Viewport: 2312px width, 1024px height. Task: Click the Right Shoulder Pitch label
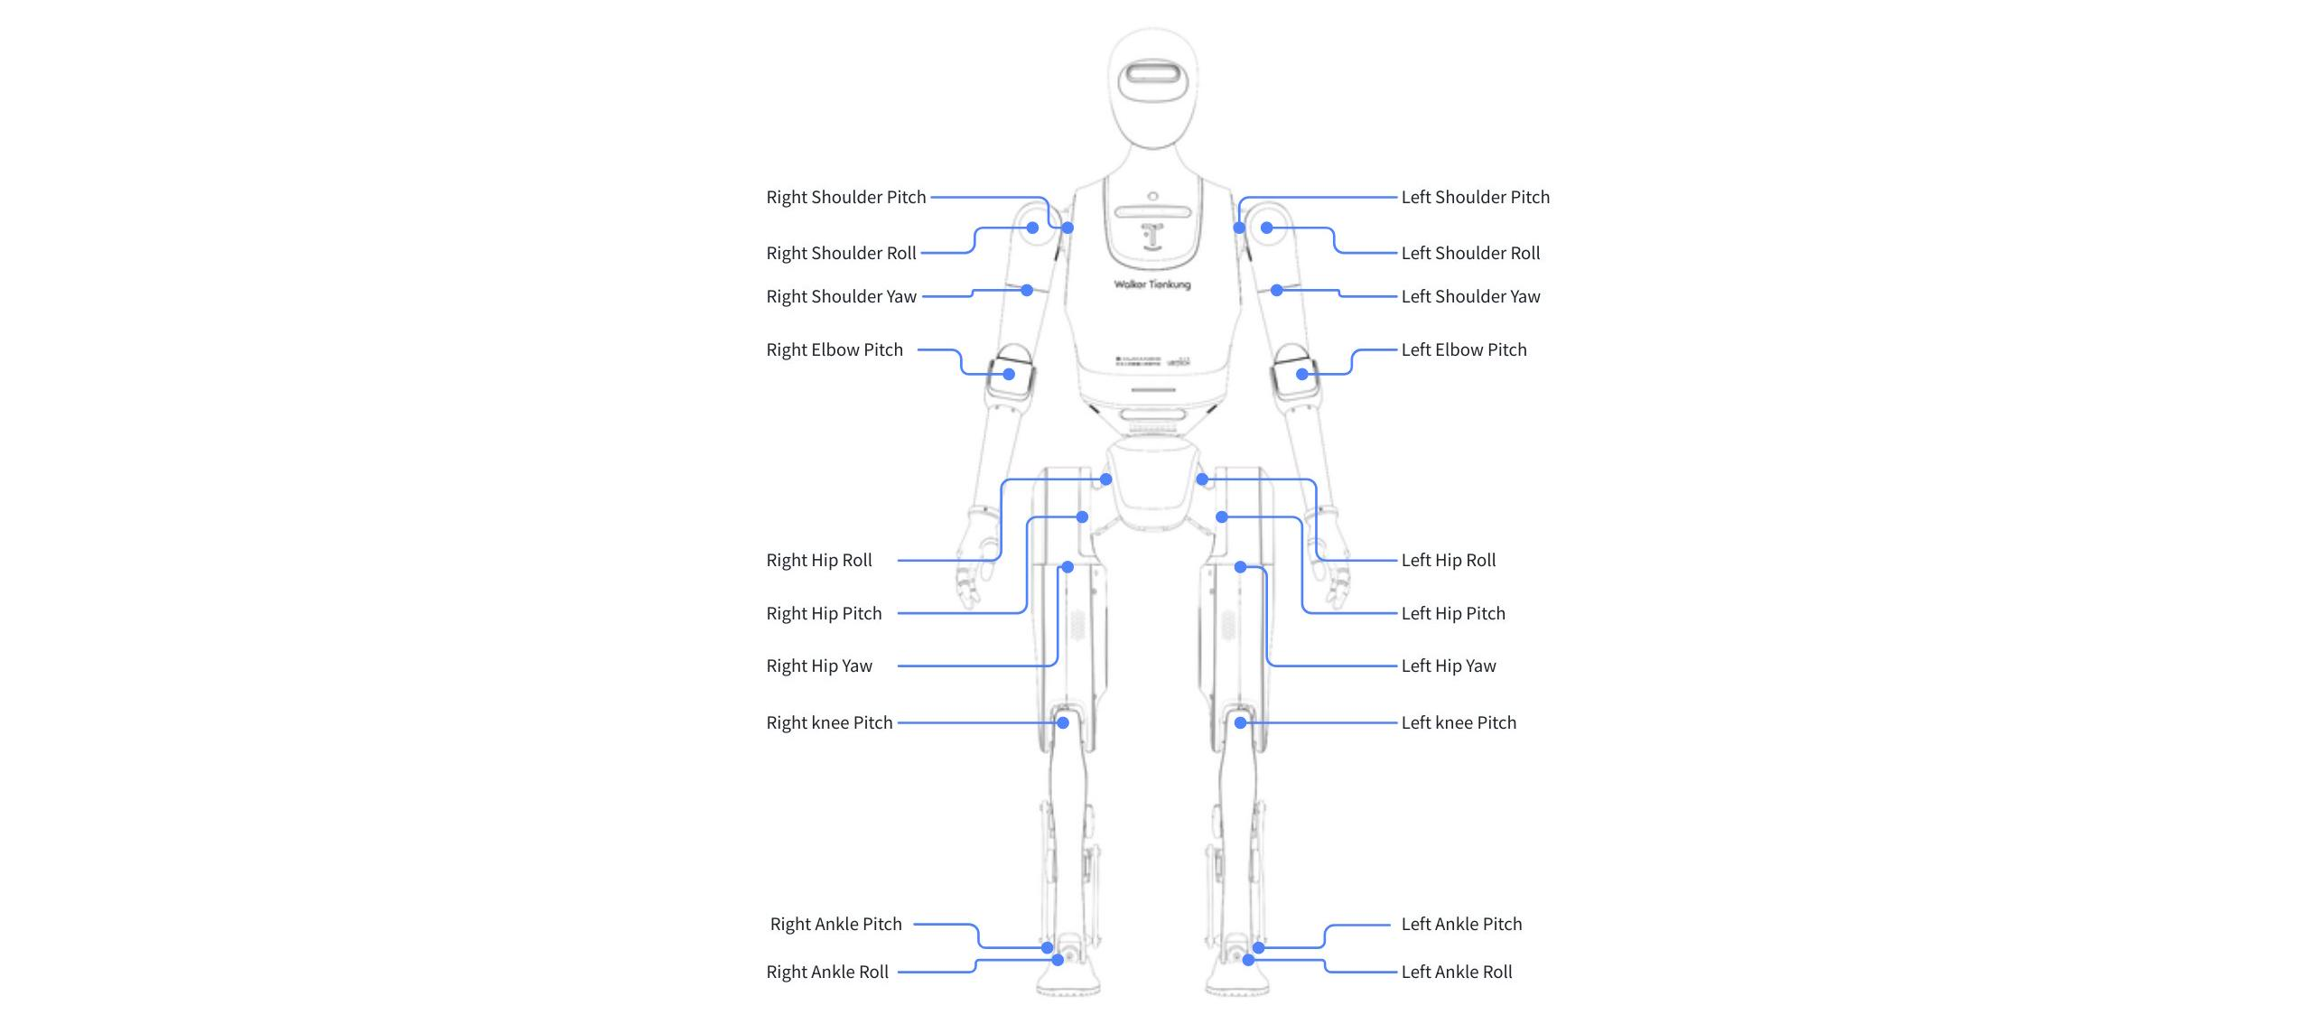pyautogui.click(x=846, y=197)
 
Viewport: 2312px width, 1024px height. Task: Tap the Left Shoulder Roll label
pyautogui.click(x=1470, y=253)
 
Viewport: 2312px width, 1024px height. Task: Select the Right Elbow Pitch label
pyautogui.click(x=834, y=349)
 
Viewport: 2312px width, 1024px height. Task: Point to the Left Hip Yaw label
pyautogui.click(x=1449, y=666)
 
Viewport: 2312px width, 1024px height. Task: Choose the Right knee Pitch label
pyautogui.click(x=829, y=722)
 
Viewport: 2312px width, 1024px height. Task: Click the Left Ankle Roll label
pyautogui.click(x=1457, y=972)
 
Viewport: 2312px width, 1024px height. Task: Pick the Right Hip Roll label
pyautogui.click(x=819, y=560)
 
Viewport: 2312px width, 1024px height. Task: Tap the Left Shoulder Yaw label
pyautogui.click(x=1470, y=296)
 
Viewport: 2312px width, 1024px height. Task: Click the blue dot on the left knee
pyautogui.click(x=1241, y=722)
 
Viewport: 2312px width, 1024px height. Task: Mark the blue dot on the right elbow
pyautogui.click(x=1009, y=374)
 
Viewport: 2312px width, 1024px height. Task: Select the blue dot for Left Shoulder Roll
pyautogui.click(x=1267, y=228)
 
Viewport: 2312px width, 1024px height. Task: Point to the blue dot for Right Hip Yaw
pyautogui.click(x=1067, y=567)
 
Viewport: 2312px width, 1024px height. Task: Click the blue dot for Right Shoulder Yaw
pyautogui.click(x=1027, y=291)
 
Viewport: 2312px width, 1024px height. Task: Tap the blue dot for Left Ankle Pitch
pyautogui.click(x=1258, y=948)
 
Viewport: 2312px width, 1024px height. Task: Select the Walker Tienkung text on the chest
pyautogui.click(x=1152, y=284)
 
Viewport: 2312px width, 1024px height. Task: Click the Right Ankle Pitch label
pyautogui.click(x=836, y=924)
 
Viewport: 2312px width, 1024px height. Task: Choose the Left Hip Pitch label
pyautogui.click(x=1453, y=613)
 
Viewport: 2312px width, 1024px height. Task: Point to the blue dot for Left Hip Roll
pyautogui.click(x=1202, y=479)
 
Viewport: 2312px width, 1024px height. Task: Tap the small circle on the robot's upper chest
pyautogui.click(x=1152, y=196)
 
